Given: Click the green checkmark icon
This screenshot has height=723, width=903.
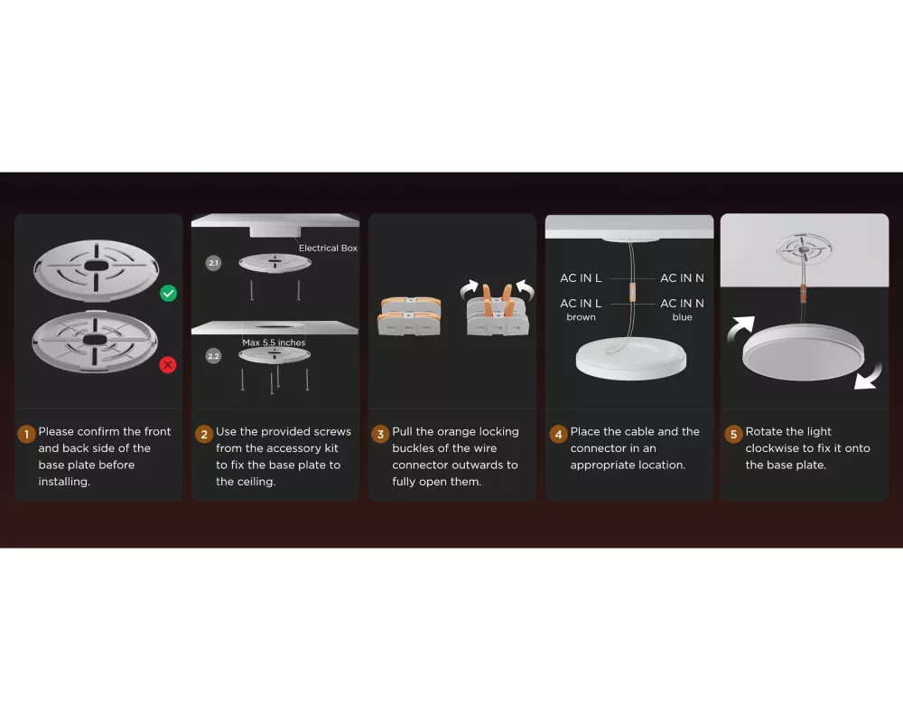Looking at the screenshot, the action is [x=168, y=294].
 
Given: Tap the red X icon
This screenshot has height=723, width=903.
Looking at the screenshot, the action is [x=168, y=365].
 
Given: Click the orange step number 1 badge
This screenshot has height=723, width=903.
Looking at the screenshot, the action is [x=26, y=434].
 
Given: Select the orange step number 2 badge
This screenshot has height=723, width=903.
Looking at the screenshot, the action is [x=204, y=434].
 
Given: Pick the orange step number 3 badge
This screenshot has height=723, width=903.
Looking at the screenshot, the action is [x=380, y=434].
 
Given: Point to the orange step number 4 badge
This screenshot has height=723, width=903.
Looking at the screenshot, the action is [x=558, y=434].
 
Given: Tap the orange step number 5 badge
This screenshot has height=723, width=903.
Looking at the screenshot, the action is [x=733, y=434].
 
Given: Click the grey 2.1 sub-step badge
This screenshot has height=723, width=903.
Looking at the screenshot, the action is [x=214, y=264].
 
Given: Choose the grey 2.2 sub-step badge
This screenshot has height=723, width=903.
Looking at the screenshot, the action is [x=214, y=356].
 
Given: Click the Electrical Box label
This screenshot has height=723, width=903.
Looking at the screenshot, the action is [x=328, y=248].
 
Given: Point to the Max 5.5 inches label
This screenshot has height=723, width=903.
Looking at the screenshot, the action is [x=274, y=343].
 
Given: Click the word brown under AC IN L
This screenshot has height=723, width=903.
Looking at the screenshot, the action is [x=581, y=317].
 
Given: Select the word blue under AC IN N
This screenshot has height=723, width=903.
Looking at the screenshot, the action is [x=682, y=317].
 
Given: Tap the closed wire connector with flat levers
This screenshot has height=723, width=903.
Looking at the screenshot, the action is [x=409, y=316].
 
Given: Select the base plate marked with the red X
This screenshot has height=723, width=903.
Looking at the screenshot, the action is [x=95, y=342].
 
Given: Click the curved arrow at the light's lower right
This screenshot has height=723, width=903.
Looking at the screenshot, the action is [x=869, y=377].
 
